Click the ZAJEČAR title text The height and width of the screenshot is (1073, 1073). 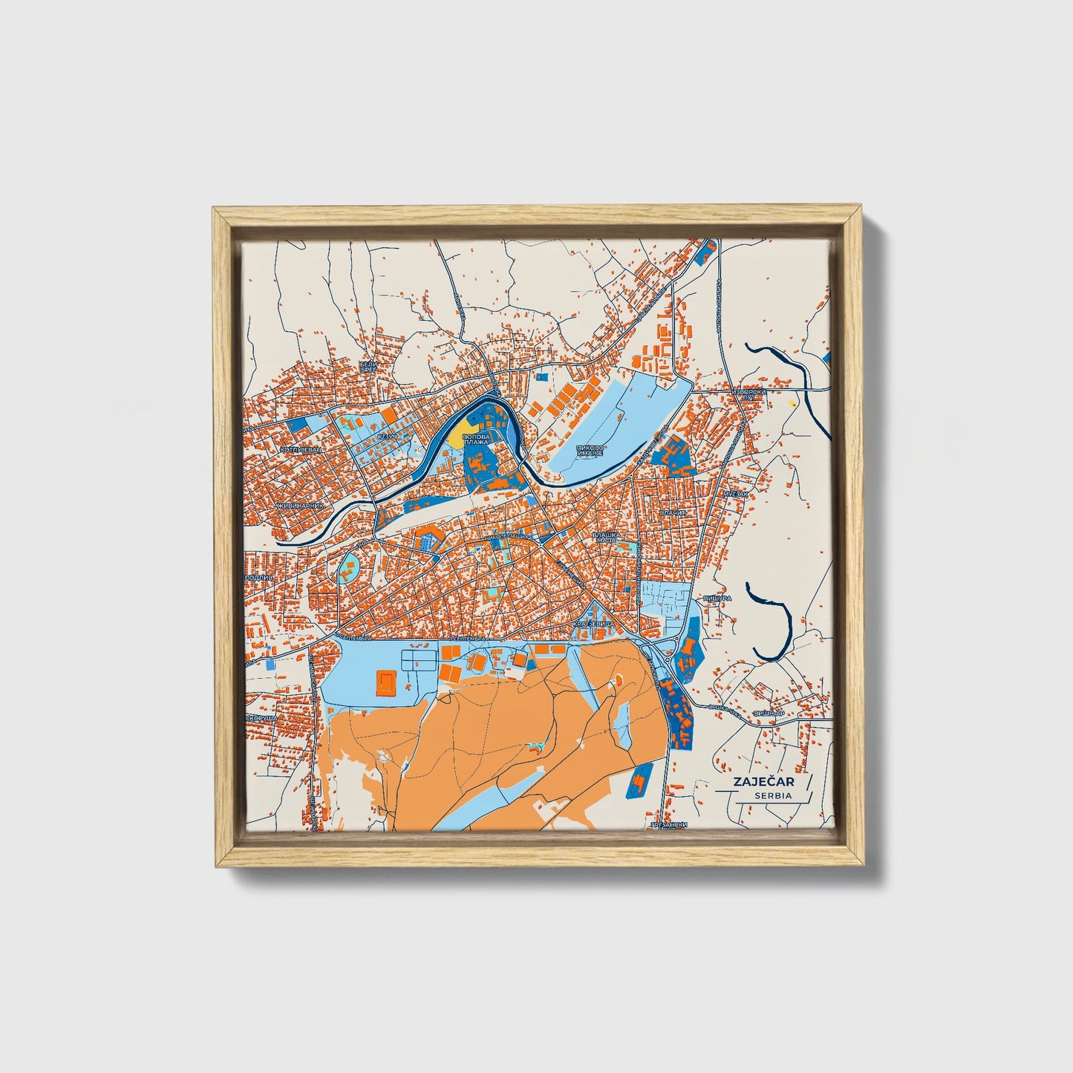pos(757,782)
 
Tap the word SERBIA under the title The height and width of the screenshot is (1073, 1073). pos(772,795)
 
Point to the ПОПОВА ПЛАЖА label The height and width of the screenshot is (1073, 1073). pos(475,440)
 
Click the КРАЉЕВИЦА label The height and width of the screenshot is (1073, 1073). pos(592,625)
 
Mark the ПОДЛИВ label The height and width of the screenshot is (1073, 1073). pos(255,577)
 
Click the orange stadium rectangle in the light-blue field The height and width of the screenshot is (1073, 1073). pos(386,681)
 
